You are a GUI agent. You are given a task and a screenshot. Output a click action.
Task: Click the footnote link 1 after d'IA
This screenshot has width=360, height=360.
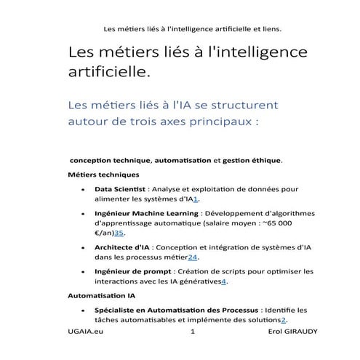[x=196, y=199]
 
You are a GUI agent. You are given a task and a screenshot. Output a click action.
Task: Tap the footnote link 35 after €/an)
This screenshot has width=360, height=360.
[x=120, y=233]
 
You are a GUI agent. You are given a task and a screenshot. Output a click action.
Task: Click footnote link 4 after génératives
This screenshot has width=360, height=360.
[x=225, y=281]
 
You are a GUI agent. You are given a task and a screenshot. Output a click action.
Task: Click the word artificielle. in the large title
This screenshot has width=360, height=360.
[x=110, y=73]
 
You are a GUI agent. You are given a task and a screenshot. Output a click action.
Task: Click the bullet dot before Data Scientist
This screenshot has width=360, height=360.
[x=88, y=189]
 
